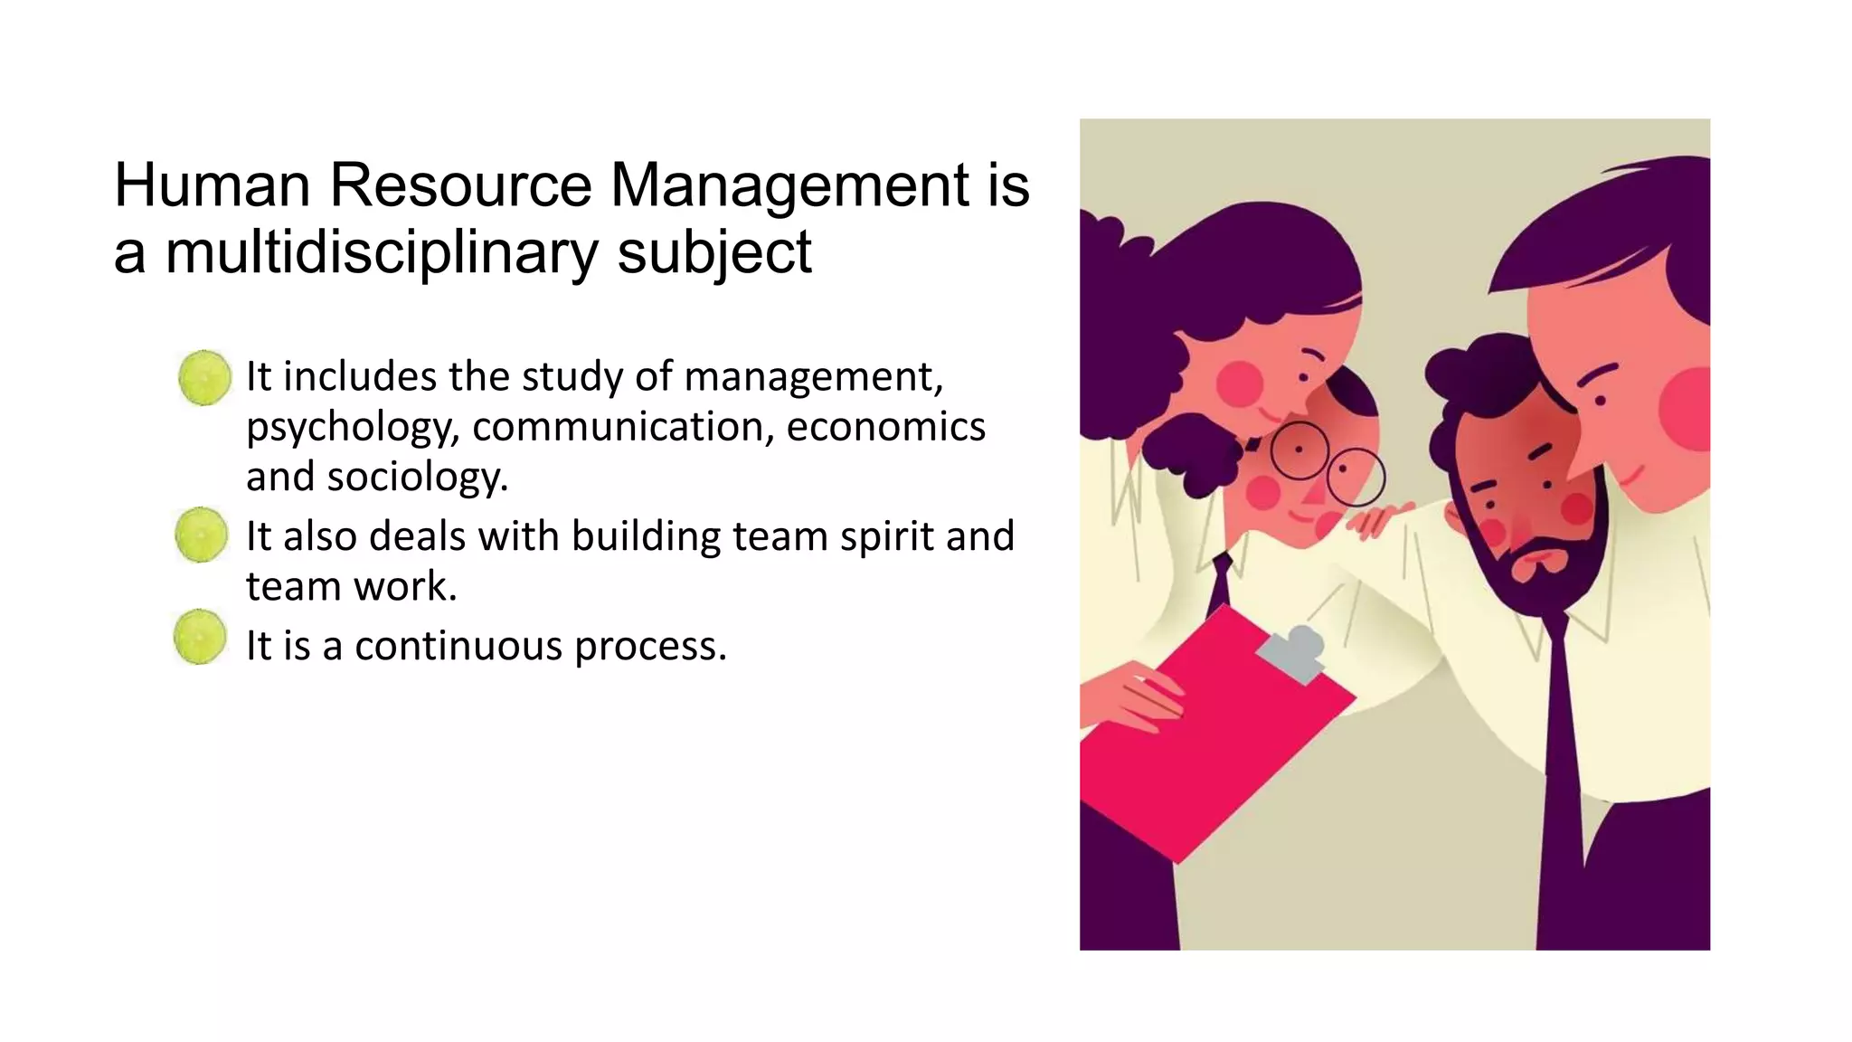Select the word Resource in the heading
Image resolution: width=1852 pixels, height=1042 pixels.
click(460, 185)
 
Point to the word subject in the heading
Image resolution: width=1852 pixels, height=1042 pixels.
click(714, 253)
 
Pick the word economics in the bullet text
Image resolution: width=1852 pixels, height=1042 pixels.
click(885, 426)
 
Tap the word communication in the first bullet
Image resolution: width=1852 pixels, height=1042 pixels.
click(616, 426)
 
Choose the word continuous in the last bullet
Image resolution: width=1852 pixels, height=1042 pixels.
click(458, 646)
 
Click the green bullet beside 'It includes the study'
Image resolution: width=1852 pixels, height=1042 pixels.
click(204, 377)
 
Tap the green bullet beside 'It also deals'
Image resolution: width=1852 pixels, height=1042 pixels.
click(201, 535)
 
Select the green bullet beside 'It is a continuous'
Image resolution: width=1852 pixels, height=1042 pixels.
click(200, 637)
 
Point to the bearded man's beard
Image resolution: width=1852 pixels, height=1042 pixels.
click(1537, 565)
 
